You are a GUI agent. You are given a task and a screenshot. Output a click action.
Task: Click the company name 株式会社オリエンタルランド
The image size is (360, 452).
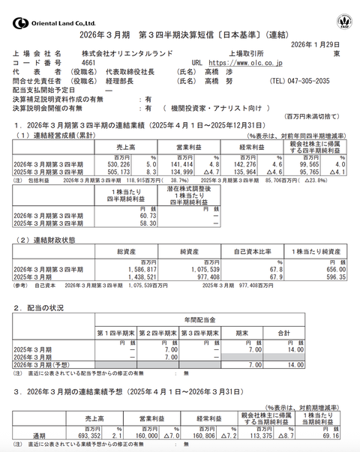[x=127, y=54]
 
